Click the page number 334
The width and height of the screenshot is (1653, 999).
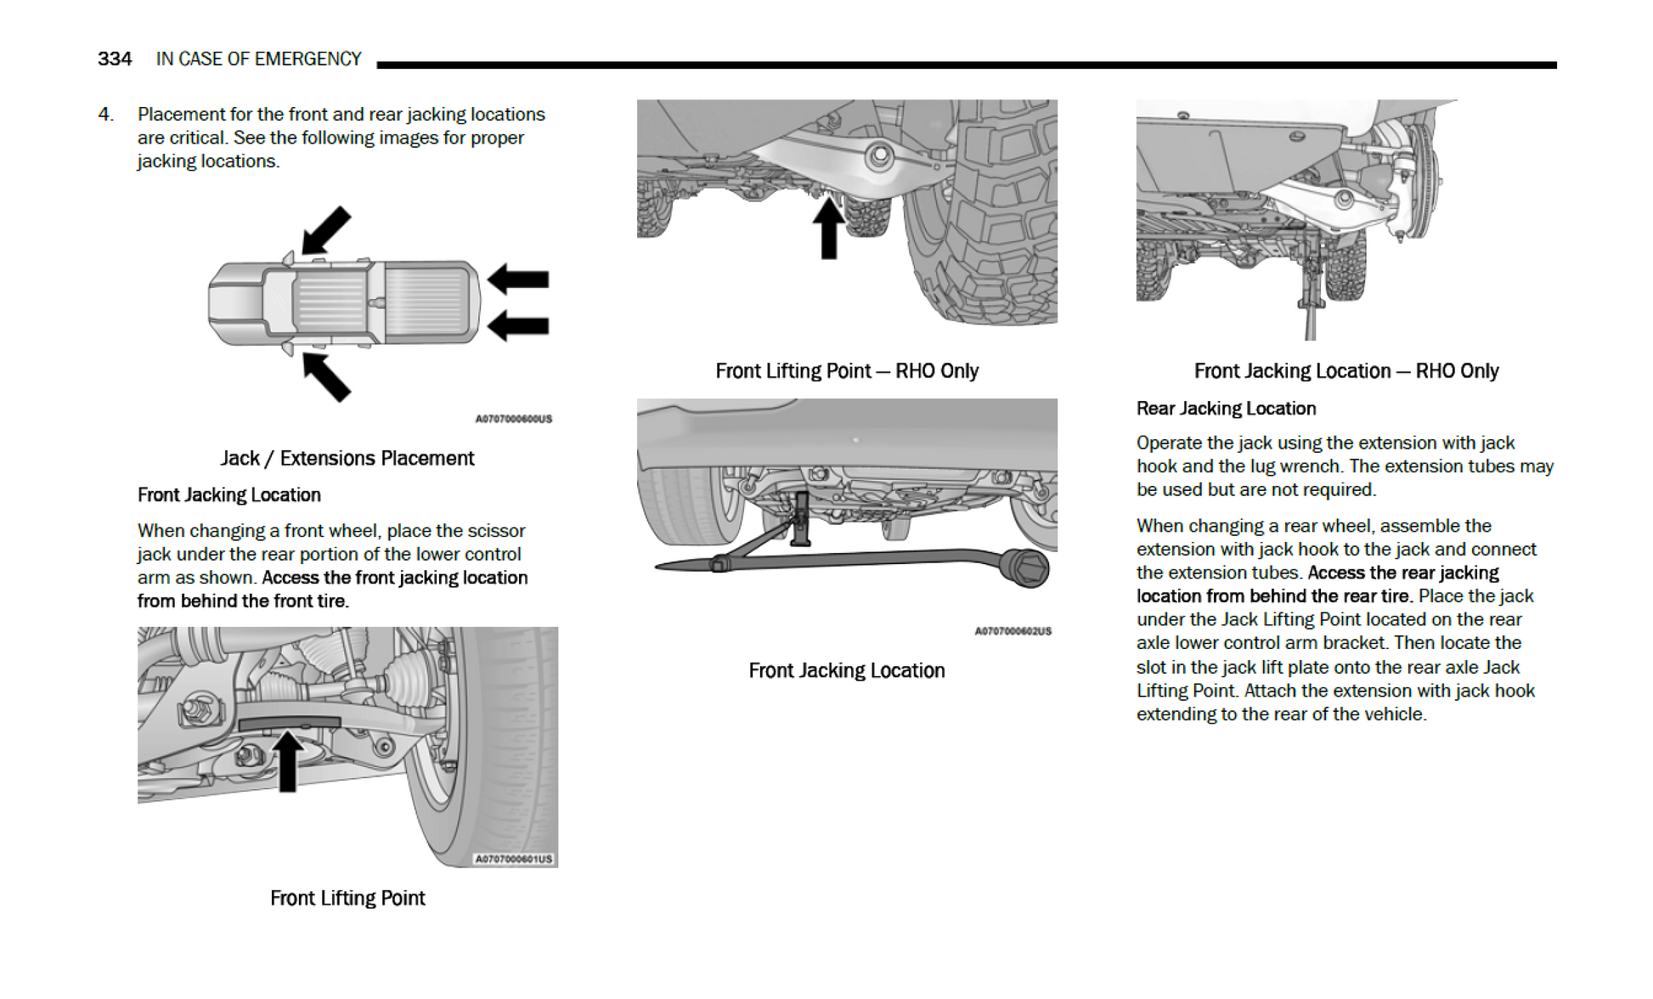115,59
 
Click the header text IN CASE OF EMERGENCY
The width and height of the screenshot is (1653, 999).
258,59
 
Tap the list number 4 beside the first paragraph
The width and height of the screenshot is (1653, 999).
104,114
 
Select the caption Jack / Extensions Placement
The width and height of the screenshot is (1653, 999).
347,459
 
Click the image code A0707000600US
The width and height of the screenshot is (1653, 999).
513,419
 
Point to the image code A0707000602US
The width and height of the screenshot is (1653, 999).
1013,631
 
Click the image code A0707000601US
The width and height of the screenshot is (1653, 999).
513,859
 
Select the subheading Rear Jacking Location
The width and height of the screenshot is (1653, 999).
1226,409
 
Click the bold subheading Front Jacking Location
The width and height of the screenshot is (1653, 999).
229,495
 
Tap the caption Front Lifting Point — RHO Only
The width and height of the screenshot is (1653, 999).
846,371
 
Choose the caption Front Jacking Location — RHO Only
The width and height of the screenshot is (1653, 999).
1346,371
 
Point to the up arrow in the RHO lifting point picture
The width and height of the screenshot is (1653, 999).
828,228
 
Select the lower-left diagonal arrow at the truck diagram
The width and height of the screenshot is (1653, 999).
326,376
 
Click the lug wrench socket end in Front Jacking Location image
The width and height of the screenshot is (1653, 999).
1026,567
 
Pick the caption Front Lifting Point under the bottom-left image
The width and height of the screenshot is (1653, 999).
347,899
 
